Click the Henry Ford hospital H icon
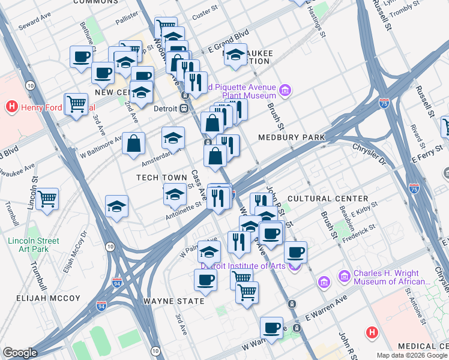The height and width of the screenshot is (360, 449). [10, 107]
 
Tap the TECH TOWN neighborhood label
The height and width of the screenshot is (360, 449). [161, 178]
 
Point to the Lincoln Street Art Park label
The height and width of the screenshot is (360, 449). [34, 245]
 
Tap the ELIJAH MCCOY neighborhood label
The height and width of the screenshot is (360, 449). [40, 298]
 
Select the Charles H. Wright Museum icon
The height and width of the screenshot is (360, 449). [344, 276]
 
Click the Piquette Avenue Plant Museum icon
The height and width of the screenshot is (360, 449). [285, 91]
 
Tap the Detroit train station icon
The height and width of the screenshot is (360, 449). [185, 108]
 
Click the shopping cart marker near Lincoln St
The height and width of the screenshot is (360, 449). [47, 197]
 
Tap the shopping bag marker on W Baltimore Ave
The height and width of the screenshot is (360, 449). [134, 143]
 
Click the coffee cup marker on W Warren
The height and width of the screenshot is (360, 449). [271, 328]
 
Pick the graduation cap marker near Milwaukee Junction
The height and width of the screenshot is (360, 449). [236, 55]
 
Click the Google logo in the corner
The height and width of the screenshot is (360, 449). [20, 353]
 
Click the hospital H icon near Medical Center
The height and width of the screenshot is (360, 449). [372, 331]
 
